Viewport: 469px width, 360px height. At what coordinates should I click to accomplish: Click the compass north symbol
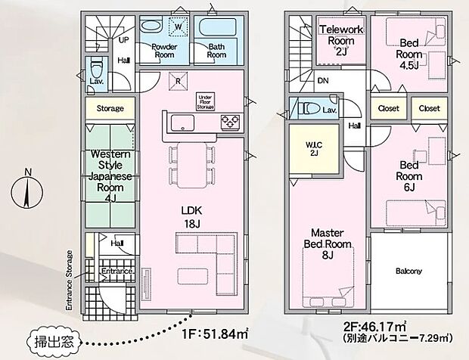(27, 189)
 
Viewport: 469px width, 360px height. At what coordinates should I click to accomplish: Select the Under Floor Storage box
(206, 102)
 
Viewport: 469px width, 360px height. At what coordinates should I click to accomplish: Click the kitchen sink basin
(182, 123)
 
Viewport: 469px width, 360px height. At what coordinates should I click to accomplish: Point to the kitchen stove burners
(230, 122)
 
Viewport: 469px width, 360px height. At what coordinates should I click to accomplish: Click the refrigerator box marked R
(178, 82)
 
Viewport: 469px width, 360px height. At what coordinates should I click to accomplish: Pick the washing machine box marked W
(179, 26)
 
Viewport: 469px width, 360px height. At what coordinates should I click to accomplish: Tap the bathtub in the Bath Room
(219, 27)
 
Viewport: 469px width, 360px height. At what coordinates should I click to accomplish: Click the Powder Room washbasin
(151, 26)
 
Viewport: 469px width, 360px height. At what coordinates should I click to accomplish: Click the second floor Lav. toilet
(309, 108)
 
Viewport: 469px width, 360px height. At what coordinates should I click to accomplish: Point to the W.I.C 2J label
(314, 149)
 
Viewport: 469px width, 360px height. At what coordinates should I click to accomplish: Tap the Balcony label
(409, 272)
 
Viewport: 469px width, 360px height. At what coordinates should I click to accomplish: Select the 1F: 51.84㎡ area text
(215, 334)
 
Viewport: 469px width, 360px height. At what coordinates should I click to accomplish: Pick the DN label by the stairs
(323, 81)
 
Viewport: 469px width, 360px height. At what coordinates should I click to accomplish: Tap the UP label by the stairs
(124, 40)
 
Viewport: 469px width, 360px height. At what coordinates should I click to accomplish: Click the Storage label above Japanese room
(110, 109)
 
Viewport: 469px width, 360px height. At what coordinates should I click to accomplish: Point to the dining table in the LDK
(192, 165)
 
